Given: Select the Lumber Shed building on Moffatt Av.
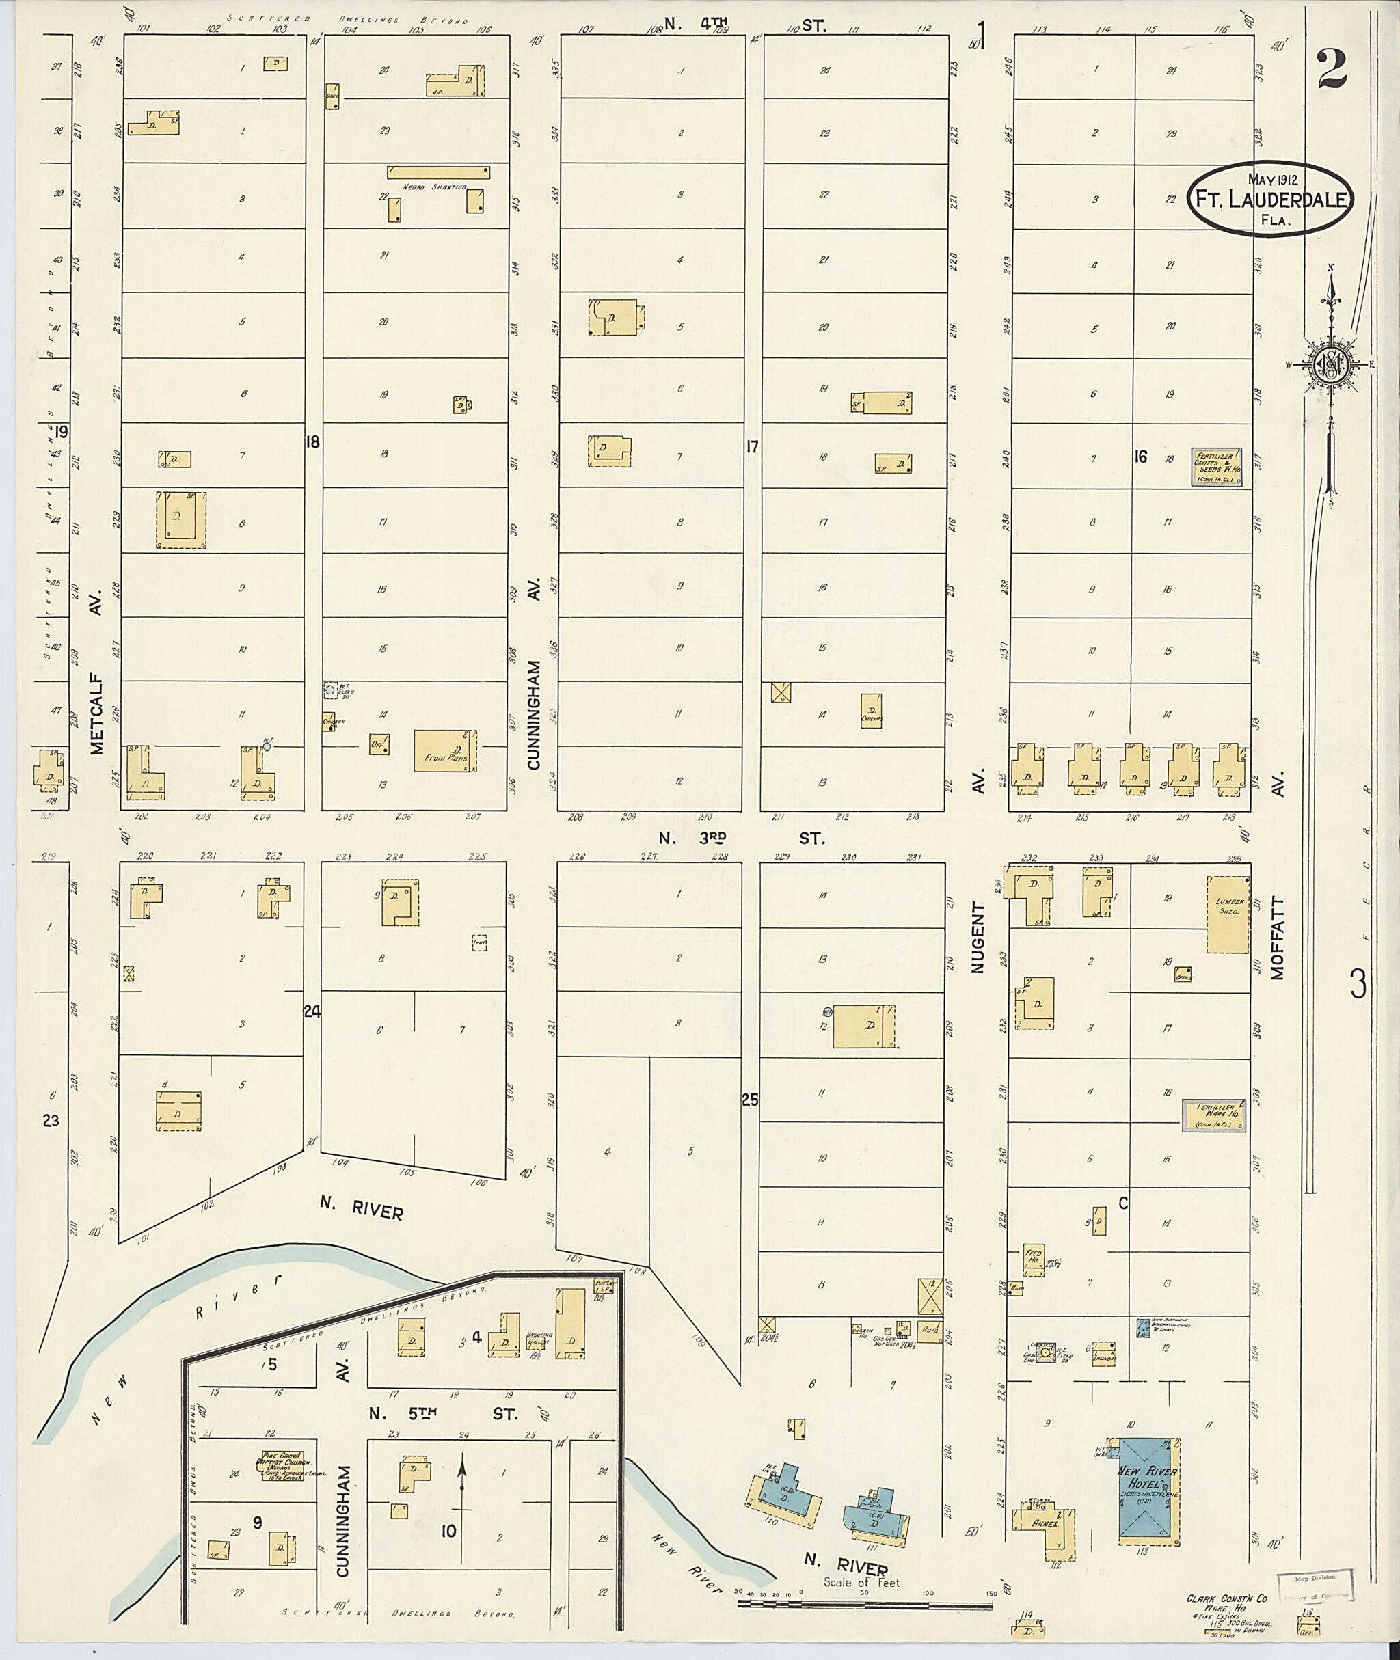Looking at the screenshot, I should (x=1228, y=914).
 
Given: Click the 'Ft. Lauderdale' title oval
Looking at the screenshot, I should (x=1270, y=200).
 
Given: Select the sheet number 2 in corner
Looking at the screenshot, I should (x=1331, y=69).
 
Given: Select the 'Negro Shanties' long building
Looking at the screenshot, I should (x=438, y=172).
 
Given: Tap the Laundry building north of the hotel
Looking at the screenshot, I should (x=1104, y=1354).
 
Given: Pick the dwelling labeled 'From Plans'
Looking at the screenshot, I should (x=445, y=750).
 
